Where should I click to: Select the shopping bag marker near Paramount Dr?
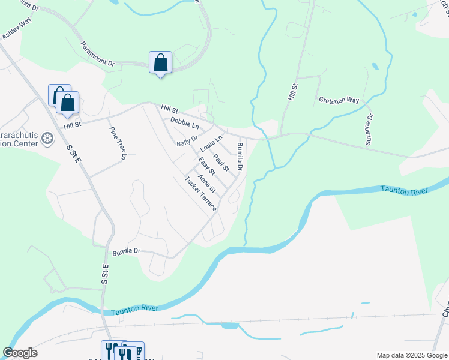pos(160,62)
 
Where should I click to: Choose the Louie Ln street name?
pos(211,144)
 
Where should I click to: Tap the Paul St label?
pos(221,163)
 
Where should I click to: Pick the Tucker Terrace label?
pos(200,193)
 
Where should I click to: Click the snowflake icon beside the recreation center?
pos(47,140)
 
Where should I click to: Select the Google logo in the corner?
pos(20,353)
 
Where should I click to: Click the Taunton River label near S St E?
pos(134,308)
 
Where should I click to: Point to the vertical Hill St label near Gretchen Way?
pos(293,92)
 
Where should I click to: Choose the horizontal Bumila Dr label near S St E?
pos(125,250)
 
